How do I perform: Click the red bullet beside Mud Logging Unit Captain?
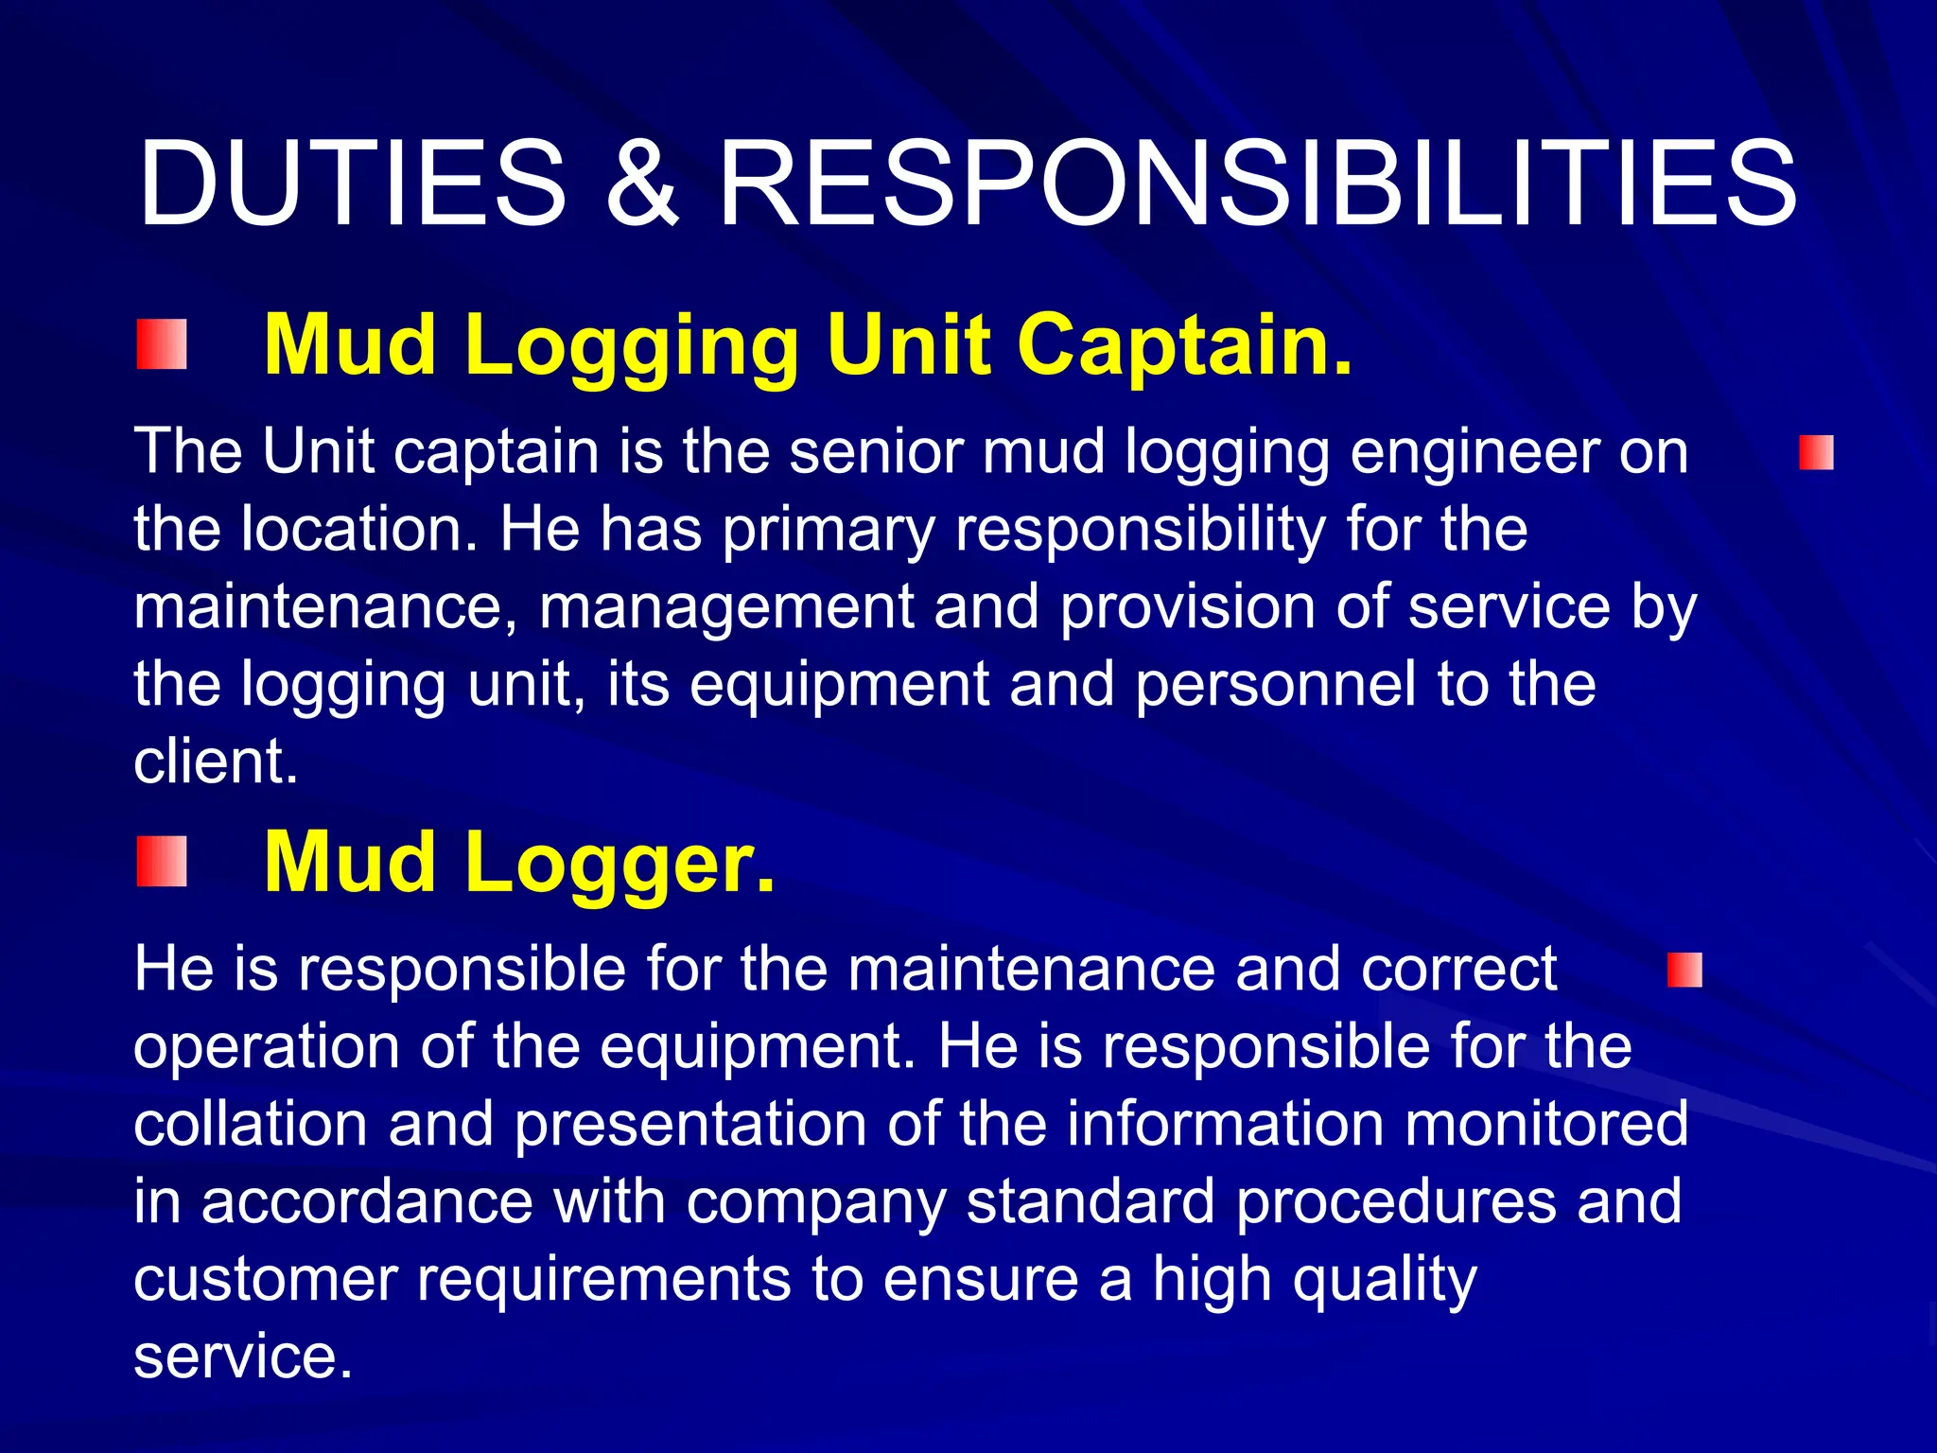[162, 344]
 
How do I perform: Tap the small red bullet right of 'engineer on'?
[1816, 452]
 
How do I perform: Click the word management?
[725, 608]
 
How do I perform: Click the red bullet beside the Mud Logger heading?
[162, 862]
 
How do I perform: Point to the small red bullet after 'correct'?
[1684, 971]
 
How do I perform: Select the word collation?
[250, 1124]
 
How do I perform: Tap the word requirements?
[603, 1281]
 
